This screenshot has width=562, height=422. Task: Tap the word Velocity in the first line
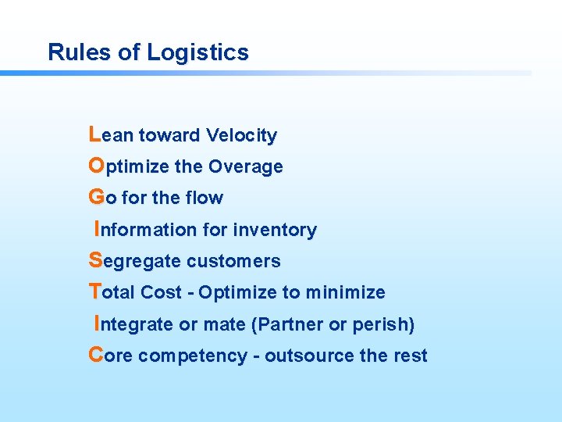click(241, 136)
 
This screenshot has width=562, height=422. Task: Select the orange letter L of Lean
click(94, 134)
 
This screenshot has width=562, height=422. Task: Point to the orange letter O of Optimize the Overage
click(96, 166)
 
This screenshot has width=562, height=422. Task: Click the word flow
click(205, 198)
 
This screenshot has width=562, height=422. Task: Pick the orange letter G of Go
click(96, 197)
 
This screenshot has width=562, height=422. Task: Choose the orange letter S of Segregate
click(95, 260)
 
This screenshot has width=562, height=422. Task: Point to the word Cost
click(162, 292)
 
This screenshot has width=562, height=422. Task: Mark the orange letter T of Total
click(95, 291)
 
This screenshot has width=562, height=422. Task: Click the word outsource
click(310, 356)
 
